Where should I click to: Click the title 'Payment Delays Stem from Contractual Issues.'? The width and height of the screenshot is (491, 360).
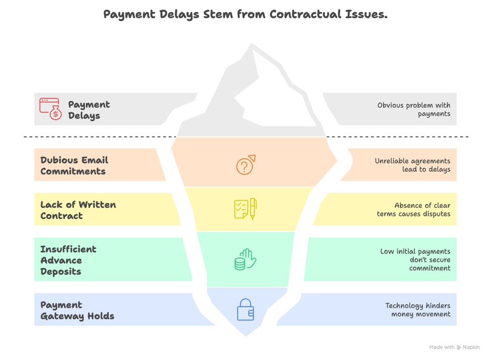click(x=245, y=14)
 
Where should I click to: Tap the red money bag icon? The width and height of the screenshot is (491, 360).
click(x=50, y=109)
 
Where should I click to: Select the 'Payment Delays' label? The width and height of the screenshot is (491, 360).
click(x=89, y=110)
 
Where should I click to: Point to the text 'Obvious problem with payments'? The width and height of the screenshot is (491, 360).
click(x=413, y=109)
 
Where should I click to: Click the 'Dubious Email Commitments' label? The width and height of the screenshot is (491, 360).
click(x=74, y=165)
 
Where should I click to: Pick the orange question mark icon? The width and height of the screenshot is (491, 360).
click(x=246, y=165)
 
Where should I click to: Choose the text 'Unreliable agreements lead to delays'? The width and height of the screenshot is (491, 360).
click(x=412, y=165)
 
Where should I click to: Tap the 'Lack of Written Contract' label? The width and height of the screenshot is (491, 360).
click(x=78, y=210)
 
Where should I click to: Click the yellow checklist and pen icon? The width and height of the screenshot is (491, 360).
click(x=245, y=209)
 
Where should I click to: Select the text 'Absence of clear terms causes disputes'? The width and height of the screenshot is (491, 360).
click(x=413, y=209)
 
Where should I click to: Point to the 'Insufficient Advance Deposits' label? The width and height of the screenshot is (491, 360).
click(x=68, y=260)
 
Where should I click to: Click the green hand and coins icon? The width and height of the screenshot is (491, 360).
click(x=245, y=260)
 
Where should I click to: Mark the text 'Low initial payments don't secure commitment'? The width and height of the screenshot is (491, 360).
click(x=415, y=260)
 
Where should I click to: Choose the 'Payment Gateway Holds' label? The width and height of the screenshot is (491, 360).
click(x=77, y=310)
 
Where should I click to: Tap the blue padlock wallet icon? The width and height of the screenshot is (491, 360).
click(x=245, y=310)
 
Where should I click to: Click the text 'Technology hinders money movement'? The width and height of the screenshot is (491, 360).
click(x=417, y=310)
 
